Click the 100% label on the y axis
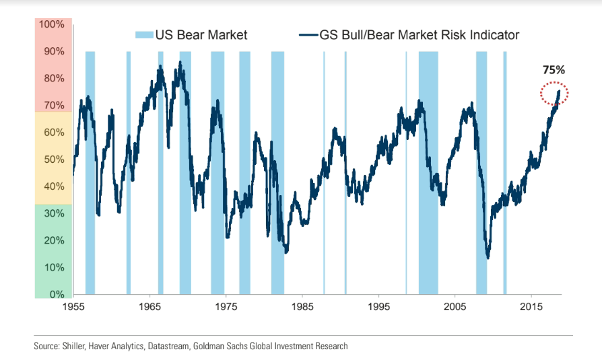pos(51,24)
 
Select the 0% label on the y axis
pos(56,294)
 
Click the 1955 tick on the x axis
pos(73,308)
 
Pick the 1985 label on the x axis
pos(302,308)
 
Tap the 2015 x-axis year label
pos(531,308)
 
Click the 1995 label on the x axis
pos(378,308)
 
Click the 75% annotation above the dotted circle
pos(554,70)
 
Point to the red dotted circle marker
pos(555,94)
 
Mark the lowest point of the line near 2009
pos(488,257)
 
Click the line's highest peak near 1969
pos(180,63)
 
